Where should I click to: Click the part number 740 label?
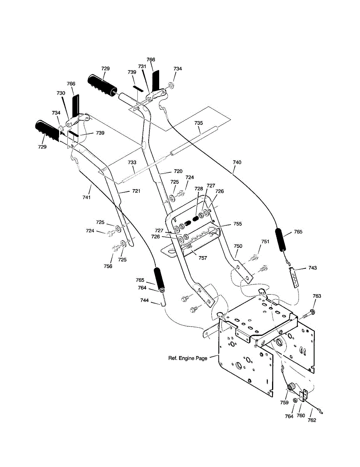[x=237, y=162]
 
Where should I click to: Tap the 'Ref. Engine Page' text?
[x=188, y=358]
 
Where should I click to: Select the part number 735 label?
[x=198, y=123]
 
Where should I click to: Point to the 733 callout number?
[x=132, y=162]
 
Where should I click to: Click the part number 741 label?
[x=86, y=198]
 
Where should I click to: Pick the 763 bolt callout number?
[x=317, y=296]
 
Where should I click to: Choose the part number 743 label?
[x=312, y=268]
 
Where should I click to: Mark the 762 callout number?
[x=312, y=420]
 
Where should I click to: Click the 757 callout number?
[x=202, y=258]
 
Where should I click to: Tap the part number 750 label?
[x=238, y=246]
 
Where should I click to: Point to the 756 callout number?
[x=108, y=266]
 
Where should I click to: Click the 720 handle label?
[x=178, y=171]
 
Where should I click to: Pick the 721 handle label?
[x=125, y=191]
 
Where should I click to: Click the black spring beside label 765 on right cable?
[x=282, y=240]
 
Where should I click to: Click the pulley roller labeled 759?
[x=290, y=387]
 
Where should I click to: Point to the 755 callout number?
[x=237, y=224]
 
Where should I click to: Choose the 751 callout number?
[x=265, y=242]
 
